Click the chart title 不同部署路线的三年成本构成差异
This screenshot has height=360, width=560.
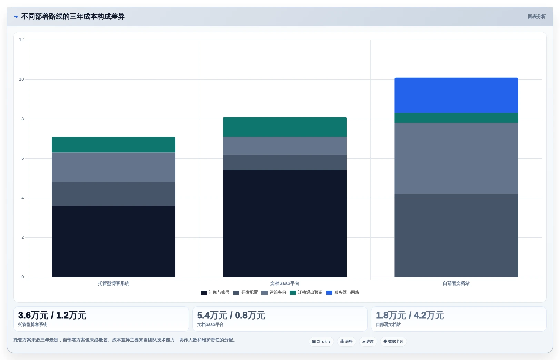coord(73,17)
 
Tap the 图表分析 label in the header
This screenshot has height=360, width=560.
coord(537,17)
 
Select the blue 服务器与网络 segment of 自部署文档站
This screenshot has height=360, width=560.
coord(456,95)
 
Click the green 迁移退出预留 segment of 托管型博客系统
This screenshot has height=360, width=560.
coord(113,144)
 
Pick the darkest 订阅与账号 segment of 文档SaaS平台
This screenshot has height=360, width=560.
coord(285,223)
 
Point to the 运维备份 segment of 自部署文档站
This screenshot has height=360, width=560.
coord(456,158)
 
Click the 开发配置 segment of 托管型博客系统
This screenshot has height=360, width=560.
coord(113,194)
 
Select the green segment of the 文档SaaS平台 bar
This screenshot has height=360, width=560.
coord(285,127)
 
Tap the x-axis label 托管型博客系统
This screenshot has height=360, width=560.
coord(113,283)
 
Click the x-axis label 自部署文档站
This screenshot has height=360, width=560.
coord(456,283)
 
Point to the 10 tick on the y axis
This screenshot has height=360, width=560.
coord(21,79)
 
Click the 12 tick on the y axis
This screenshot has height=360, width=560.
coord(21,40)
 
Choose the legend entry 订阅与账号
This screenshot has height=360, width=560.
coord(215,292)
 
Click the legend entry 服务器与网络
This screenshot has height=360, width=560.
coord(343,292)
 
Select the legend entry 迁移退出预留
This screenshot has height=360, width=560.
coord(306,292)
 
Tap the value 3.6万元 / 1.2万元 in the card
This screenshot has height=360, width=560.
coord(52,316)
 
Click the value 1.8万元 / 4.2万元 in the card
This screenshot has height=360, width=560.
coord(410,316)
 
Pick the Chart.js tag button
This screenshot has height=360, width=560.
coord(321,341)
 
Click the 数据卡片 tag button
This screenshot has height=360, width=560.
coord(393,341)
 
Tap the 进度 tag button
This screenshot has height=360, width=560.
coord(368,341)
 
